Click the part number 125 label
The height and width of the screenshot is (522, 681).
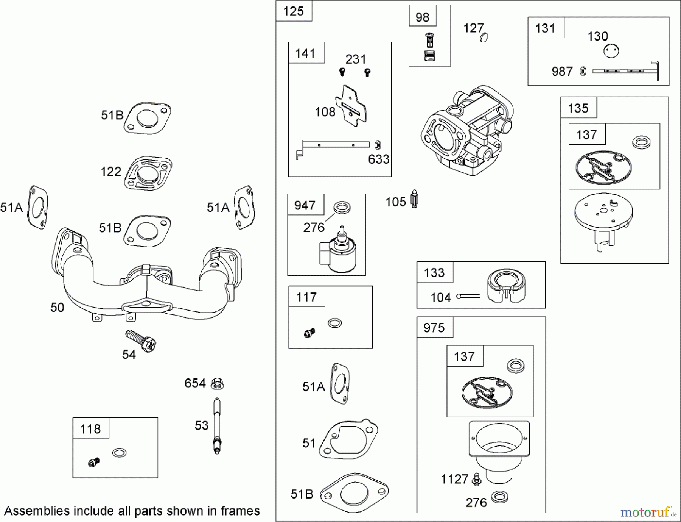293,11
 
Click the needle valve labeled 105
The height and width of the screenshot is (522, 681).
415,198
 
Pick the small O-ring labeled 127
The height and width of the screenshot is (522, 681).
484,37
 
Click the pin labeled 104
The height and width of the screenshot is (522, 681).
468,296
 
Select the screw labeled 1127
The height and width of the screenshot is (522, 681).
476,480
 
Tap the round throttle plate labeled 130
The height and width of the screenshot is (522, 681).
611,51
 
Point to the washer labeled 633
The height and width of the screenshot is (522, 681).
377,145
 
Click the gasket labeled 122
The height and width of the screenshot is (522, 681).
148,173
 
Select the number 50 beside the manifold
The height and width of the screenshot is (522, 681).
57,307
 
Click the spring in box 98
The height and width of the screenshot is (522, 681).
429,55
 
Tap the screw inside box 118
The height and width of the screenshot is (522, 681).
93,462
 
